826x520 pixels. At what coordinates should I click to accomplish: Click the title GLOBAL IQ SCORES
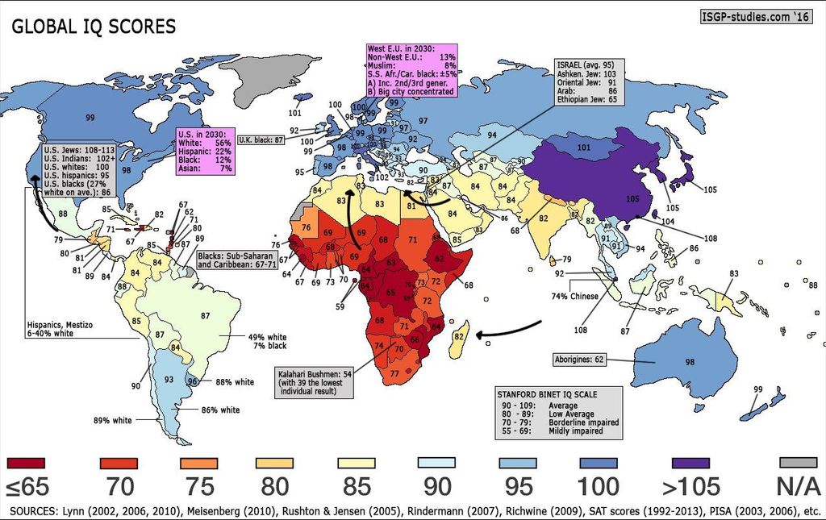[93, 26]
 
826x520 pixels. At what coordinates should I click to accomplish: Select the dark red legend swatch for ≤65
[26, 463]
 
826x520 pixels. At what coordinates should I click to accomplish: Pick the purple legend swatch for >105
[691, 463]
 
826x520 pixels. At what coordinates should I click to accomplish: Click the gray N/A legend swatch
[799, 463]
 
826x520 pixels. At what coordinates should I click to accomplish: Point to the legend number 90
[438, 487]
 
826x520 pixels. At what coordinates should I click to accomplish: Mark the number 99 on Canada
[90, 119]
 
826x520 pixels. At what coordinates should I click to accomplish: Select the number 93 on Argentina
[169, 379]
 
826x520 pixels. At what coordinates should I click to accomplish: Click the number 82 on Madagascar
[458, 335]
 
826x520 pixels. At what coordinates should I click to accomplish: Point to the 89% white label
[112, 420]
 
